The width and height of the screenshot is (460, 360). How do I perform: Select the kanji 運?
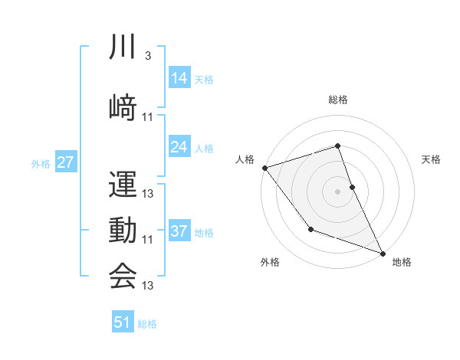123,185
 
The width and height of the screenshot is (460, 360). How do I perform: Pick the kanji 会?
123,277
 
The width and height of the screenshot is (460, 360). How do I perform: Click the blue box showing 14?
179,78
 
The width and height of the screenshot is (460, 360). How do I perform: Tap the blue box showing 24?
179,147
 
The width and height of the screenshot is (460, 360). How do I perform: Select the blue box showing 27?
65,162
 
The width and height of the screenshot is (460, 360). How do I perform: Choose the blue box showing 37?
179,231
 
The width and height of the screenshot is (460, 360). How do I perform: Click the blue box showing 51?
123,322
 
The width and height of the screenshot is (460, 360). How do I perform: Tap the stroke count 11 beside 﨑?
148,116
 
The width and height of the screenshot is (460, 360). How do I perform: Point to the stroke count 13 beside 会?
148,286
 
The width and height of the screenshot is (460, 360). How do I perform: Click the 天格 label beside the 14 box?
204,80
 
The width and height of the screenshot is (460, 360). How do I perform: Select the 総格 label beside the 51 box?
147,324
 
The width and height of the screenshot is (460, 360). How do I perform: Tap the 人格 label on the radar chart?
245,159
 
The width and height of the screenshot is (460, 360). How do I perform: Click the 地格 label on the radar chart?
402,263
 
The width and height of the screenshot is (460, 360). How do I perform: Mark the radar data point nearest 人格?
264,168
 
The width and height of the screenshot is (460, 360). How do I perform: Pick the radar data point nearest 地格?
383,253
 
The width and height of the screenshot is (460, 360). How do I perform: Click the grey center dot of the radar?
337,191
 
